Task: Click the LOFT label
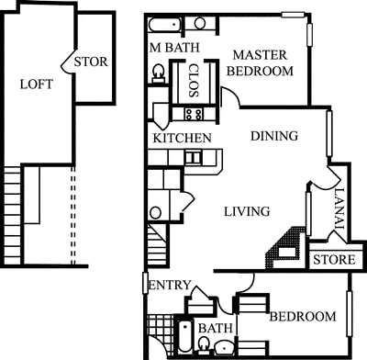[x=37, y=84]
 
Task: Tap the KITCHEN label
[x=183, y=138]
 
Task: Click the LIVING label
[x=247, y=211]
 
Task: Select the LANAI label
[x=339, y=203]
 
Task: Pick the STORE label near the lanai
[x=333, y=260]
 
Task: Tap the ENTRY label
[x=168, y=286]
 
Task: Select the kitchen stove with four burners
[x=194, y=114]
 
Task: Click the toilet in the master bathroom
[x=157, y=72]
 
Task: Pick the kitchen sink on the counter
[x=193, y=157]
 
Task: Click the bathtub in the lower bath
[x=184, y=339]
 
